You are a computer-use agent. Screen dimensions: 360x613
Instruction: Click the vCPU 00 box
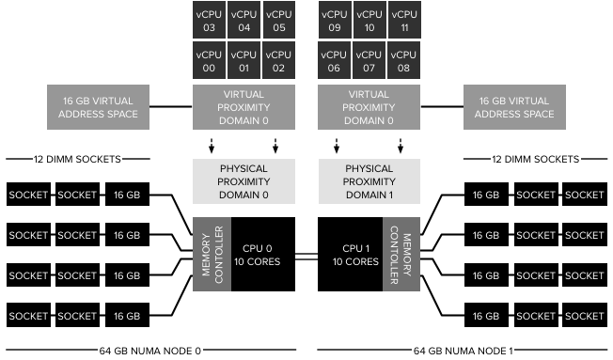click(x=209, y=61)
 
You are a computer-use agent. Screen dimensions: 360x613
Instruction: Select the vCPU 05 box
click(x=276, y=22)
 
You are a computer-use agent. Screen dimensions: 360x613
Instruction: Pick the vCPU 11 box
click(x=403, y=22)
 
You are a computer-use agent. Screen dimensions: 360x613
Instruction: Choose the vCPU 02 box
click(x=276, y=61)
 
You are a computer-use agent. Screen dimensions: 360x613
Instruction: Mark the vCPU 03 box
click(x=209, y=22)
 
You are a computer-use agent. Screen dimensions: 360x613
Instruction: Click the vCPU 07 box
click(x=369, y=61)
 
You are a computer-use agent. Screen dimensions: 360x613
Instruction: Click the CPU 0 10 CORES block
click(x=259, y=254)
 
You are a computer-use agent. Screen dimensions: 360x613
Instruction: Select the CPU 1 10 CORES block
click(x=351, y=254)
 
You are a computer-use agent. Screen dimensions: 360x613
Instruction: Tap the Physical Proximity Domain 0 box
click(x=244, y=180)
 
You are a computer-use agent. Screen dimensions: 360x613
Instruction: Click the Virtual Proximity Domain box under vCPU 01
click(x=244, y=107)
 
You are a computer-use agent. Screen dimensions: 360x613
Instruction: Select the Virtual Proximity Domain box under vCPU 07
click(x=369, y=107)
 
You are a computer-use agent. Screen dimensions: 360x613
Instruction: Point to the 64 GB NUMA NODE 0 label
click(x=150, y=351)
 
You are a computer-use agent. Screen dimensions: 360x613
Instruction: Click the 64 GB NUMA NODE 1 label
click(x=464, y=351)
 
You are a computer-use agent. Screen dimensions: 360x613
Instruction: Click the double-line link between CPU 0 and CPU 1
click(x=306, y=254)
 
